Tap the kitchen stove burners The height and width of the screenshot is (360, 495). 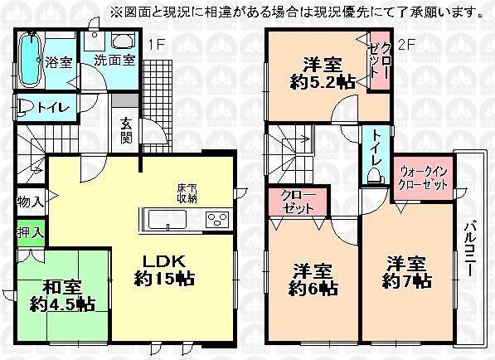pos(217,220)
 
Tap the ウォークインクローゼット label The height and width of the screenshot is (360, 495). pos(422,177)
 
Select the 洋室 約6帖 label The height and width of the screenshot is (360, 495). pos(313,280)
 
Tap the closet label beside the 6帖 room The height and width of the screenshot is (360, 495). pos(297,202)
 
